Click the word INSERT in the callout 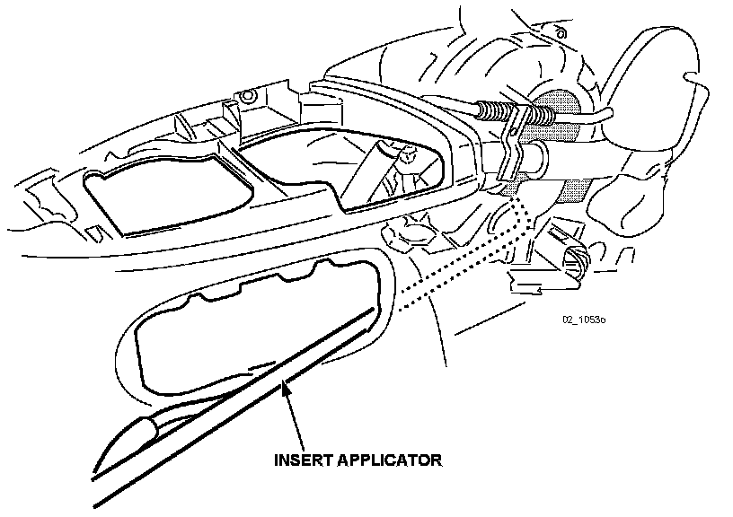click(x=305, y=460)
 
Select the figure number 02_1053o click(x=584, y=319)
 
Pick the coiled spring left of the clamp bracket click(x=492, y=111)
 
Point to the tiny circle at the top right click(x=562, y=34)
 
